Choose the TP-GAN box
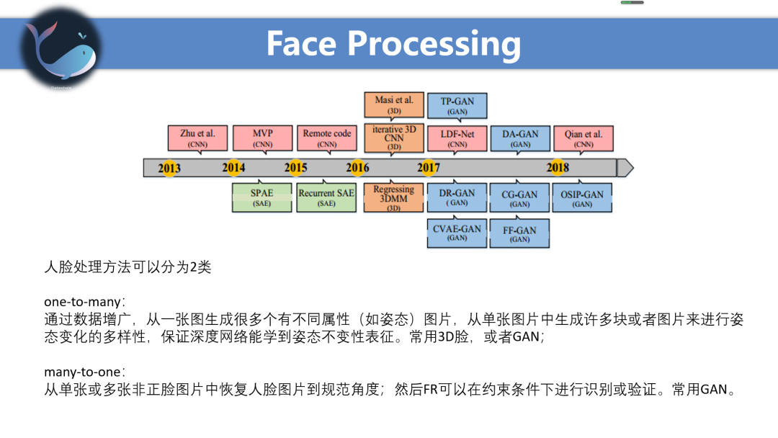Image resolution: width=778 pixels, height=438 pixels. point(457,106)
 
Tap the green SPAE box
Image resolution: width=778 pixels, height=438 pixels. point(261,197)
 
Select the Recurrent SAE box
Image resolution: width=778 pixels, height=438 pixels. point(326,197)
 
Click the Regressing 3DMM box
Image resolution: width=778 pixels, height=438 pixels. point(393,197)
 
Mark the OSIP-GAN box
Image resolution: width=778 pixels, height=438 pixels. point(582,197)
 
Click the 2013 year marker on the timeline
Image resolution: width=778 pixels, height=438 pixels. point(169,168)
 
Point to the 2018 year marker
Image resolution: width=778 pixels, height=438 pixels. point(558,168)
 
